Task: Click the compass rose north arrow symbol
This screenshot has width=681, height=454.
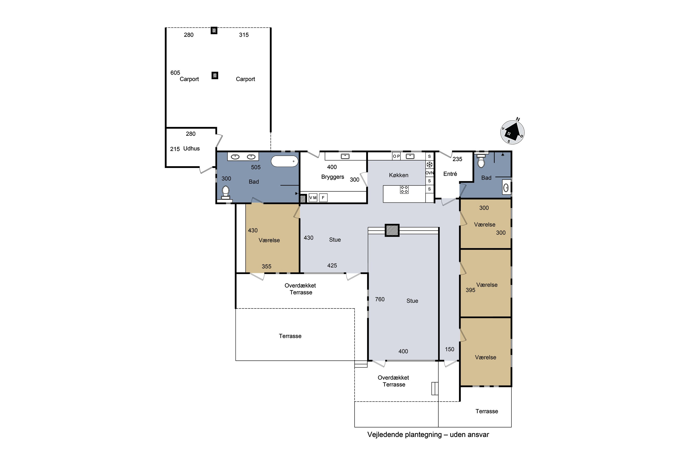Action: (512, 132)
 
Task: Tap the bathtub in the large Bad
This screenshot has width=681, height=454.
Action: (285, 161)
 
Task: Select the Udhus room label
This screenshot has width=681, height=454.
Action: (191, 148)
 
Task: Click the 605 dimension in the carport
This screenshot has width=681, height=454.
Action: (175, 73)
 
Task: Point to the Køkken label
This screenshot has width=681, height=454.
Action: (399, 175)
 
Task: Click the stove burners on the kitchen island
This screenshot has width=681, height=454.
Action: (404, 190)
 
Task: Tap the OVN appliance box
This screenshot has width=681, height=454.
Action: (429, 173)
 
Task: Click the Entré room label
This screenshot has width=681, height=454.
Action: (450, 174)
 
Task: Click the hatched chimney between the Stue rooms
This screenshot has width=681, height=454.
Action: (392, 230)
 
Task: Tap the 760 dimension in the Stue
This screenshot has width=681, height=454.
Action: (380, 299)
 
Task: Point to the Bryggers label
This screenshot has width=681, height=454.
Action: (333, 177)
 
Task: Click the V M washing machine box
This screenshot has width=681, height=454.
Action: (313, 198)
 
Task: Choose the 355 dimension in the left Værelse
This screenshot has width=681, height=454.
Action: (267, 266)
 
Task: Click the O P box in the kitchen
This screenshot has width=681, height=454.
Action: (396, 156)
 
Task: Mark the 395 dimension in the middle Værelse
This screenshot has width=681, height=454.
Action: (471, 290)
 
